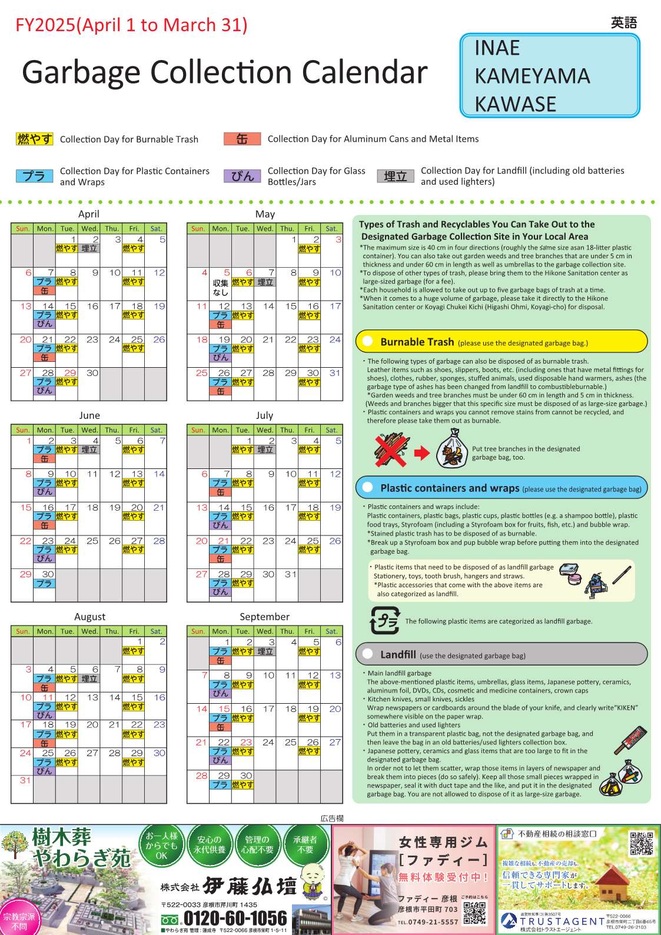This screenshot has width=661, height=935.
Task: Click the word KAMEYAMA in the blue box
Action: point(532,76)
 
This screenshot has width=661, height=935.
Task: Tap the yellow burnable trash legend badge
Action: point(35,139)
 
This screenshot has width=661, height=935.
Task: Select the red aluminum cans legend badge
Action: point(242,139)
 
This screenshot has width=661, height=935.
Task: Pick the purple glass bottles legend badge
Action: point(242,176)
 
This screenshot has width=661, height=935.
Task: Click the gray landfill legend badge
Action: point(396,176)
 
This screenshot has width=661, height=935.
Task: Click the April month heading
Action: point(89,214)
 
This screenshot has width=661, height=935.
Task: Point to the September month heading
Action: point(264,617)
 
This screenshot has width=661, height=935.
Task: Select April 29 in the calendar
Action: point(70,373)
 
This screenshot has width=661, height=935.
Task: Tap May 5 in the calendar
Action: point(227,272)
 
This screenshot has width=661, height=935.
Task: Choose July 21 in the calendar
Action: point(224,541)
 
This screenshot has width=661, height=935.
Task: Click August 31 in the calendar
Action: point(25,780)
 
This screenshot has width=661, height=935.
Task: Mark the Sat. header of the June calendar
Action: point(156,430)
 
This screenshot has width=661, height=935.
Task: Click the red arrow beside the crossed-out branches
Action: point(422,452)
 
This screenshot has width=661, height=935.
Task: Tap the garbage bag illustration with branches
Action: point(452,449)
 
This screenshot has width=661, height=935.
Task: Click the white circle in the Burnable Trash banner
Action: point(368,341)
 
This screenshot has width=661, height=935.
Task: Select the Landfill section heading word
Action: point(398,654)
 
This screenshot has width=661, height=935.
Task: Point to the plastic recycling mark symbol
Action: point(384,621)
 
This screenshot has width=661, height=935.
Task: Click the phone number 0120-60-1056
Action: point(235,918)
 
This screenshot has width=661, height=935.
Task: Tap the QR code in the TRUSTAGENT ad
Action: point(641,843)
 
